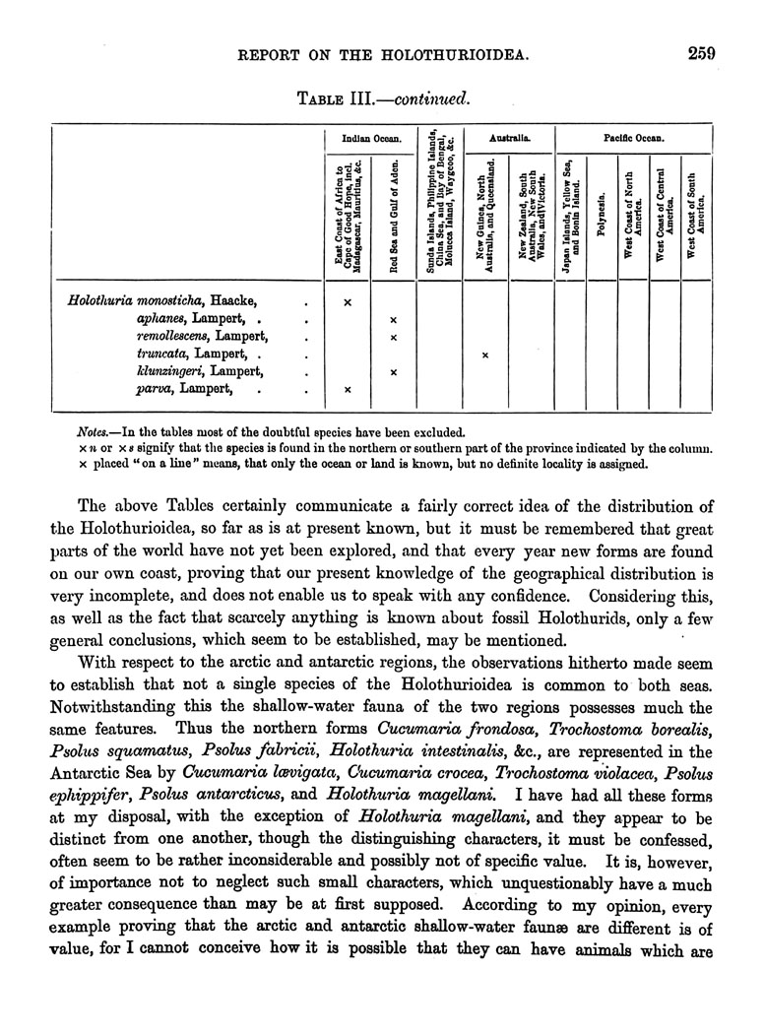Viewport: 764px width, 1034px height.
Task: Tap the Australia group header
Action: click(x=509, y=139)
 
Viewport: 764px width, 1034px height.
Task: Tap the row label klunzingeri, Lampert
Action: click(x=200, y=372)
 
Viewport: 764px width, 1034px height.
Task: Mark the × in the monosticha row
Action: click(x=347, y=301)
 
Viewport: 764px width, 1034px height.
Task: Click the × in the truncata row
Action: click(x=485, y=355)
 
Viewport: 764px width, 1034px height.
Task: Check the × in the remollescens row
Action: click(x=394, y=337)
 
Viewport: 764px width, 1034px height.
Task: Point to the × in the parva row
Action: click(x=347, y=391)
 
